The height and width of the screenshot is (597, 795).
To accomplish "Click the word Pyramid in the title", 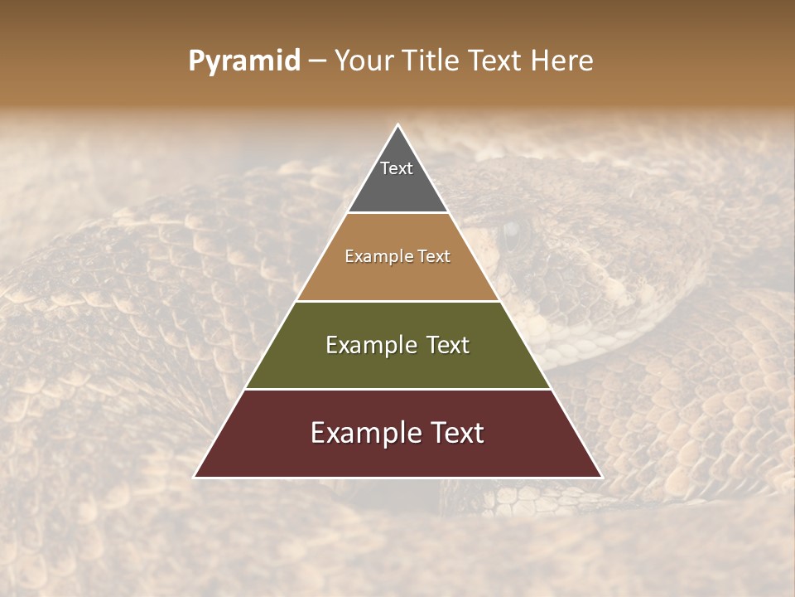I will [244, 61].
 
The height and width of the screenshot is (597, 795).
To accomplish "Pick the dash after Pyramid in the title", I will [317, 61].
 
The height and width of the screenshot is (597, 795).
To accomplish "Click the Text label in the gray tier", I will [397, 168].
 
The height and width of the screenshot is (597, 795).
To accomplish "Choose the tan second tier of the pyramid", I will [397, 274].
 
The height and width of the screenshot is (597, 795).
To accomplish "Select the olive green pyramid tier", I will [397, 365].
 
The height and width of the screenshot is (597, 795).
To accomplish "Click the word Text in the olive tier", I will [446, 345].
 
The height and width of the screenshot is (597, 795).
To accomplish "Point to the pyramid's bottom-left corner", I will [195, 477].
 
